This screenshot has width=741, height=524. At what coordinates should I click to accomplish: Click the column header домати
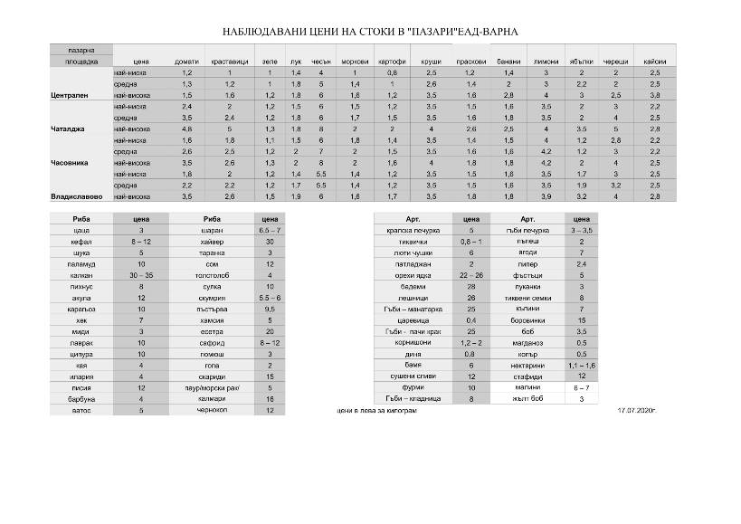187,61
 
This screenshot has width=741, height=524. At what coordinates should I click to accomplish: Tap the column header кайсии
655,61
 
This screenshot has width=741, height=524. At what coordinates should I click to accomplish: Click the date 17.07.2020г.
635,411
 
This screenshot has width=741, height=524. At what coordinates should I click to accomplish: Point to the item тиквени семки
531,298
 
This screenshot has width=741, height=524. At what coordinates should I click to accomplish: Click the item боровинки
531,319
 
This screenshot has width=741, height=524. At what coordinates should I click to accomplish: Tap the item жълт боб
531,398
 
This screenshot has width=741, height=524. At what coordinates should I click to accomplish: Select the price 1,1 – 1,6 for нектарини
582,365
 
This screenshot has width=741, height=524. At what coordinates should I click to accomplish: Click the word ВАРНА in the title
499,31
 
